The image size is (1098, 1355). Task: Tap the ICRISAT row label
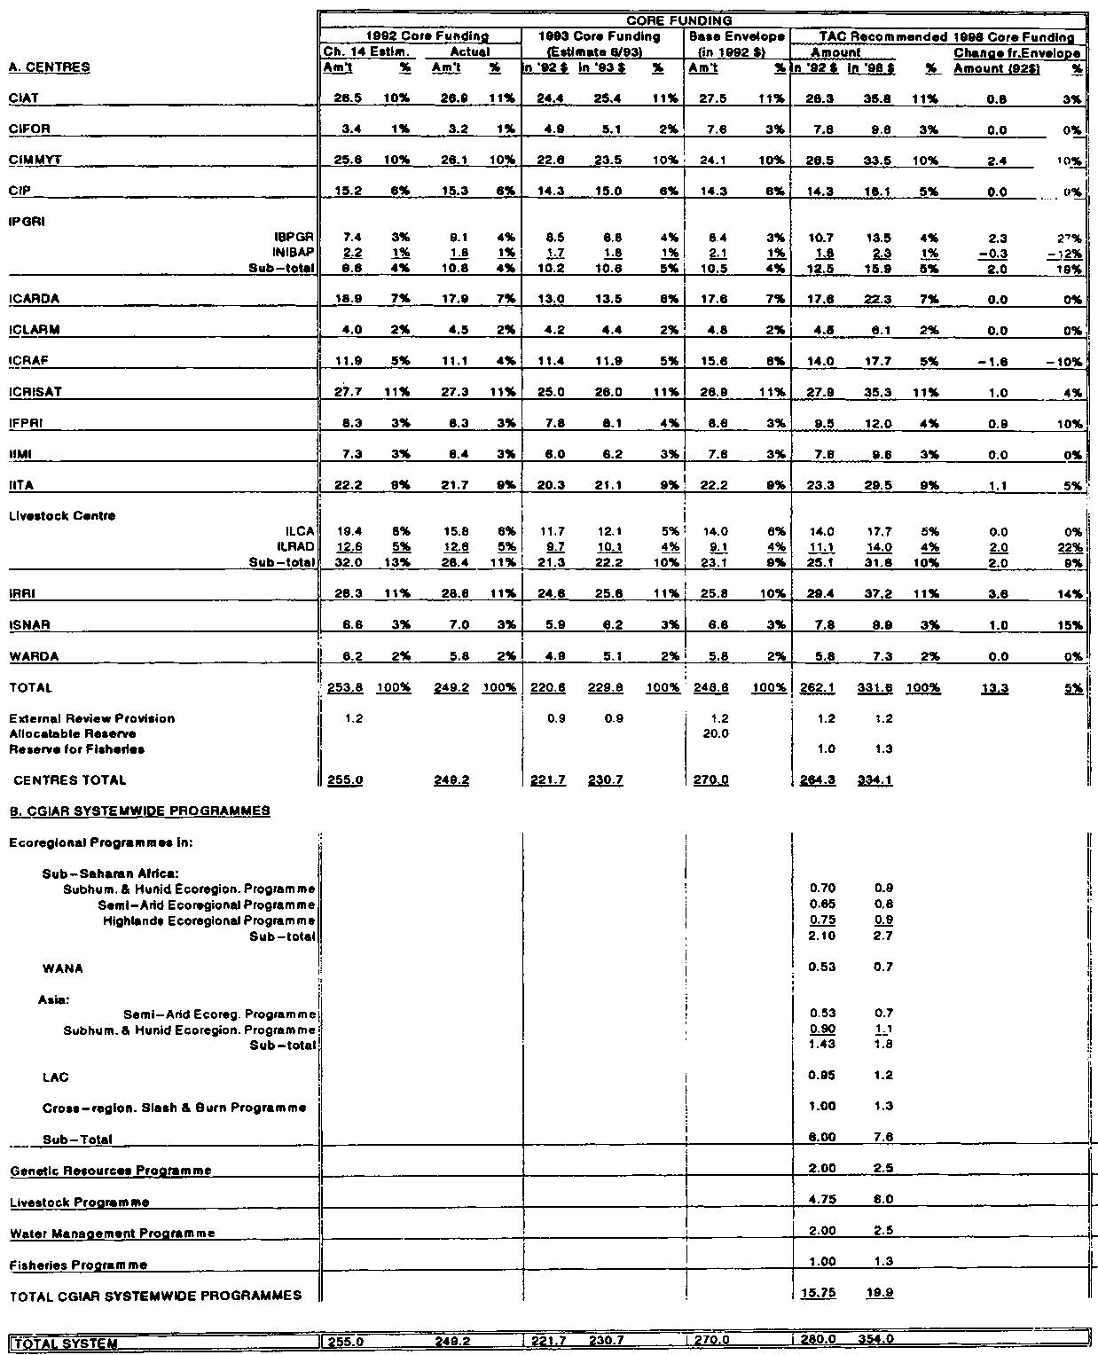click(35, 391)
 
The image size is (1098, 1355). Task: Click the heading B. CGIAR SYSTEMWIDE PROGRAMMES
click(140, 811)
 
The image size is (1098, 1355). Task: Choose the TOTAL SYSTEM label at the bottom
click(64, 1342)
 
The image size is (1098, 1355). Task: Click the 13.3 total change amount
click(972, 687)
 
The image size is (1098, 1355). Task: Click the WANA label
click(62, 968)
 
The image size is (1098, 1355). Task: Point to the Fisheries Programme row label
click(78, 1265)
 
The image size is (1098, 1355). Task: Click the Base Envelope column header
click(735, 36)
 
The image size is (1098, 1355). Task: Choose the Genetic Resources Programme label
click(111, 1171)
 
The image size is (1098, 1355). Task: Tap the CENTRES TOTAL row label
click(70, 780)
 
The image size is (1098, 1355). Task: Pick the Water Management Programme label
click(113, 1234)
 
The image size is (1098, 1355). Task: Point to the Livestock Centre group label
click(62, 515)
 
